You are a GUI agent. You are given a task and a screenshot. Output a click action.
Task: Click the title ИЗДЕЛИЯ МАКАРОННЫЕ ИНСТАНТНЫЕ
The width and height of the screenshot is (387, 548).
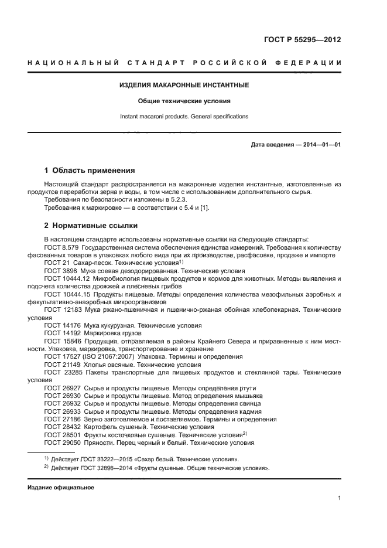[x=184, y=85]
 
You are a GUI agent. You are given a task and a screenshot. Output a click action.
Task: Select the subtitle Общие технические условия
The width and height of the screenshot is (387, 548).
[x=184, y=101]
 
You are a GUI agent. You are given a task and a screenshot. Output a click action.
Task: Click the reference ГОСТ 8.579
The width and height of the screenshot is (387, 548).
[x=62, y=248]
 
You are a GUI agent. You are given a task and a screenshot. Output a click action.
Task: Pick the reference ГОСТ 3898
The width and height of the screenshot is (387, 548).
[x=60, y=272]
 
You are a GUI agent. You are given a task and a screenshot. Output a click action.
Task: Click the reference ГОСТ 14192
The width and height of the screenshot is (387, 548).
[x=62, y=332]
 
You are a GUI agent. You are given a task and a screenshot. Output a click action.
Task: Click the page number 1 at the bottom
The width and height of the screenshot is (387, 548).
[x=339, y=498]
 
